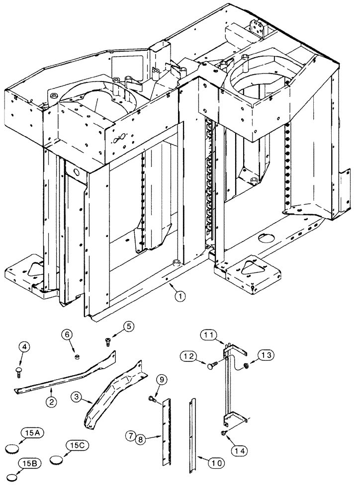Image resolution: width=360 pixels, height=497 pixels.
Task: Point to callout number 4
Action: pos(25,346)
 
